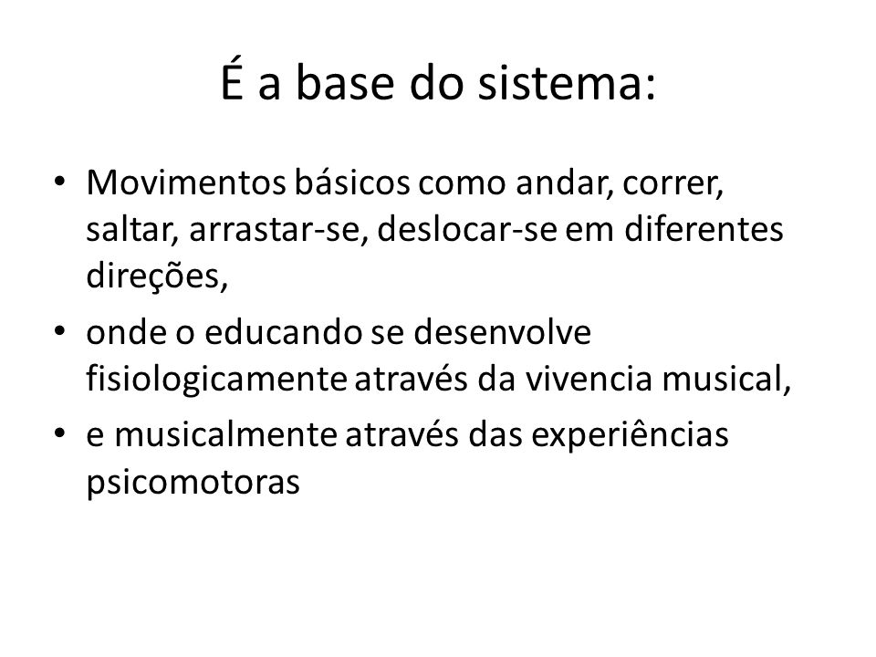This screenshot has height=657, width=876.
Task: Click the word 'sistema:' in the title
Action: pos(567,83)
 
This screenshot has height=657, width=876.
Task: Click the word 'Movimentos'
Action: pos(186,182)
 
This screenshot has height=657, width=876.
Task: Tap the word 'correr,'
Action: pos(673,185)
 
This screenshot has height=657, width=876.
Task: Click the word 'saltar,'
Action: pos(132,229)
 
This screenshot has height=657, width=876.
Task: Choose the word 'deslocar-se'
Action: pos(467,229)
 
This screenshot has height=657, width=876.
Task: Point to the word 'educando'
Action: pos(284,332)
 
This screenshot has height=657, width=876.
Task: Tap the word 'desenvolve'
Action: pos(502,332)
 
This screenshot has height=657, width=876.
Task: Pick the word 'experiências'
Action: pos(630,436)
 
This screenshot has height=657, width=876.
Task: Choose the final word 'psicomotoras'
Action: pos(193,483)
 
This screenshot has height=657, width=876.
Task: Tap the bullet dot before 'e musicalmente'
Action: pos(59,433)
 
